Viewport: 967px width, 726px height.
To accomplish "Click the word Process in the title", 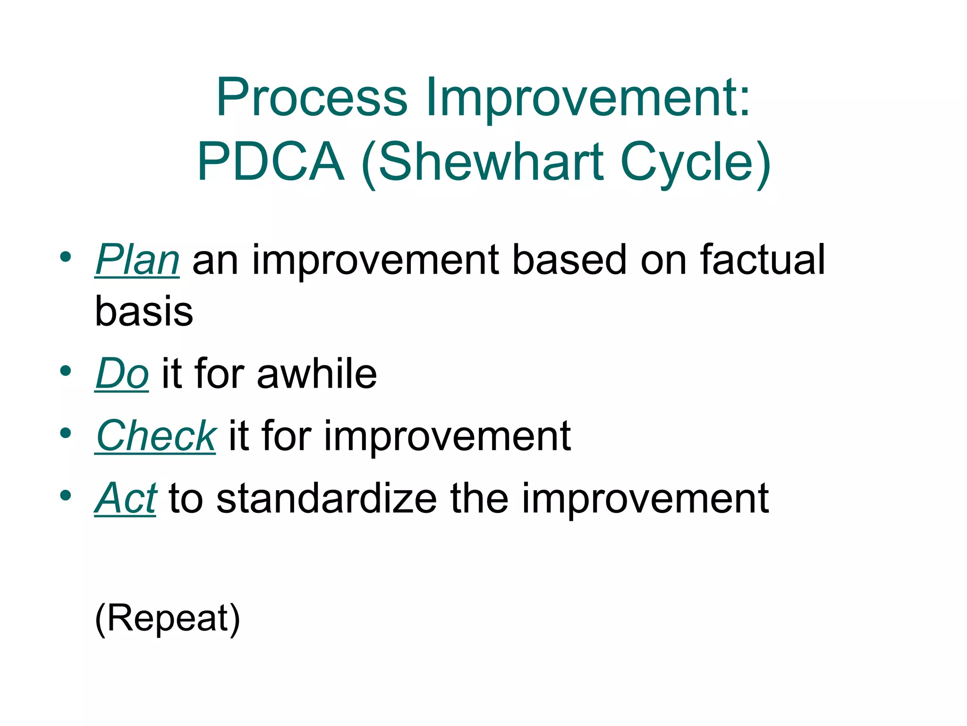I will tap(312, 97).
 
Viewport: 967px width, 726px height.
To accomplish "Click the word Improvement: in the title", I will tap(588, 97).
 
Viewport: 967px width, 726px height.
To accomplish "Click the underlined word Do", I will tap(122, 374).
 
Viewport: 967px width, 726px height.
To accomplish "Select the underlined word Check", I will tap(155, 436).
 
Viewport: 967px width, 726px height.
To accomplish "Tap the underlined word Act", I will tap(125, 498).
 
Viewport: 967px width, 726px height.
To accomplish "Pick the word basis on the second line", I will tap(144, 311).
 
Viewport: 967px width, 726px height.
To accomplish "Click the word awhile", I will tap(316, 374).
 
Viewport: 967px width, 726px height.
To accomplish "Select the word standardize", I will tap(326, 498).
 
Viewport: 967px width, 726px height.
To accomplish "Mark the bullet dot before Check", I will tap(66, 433).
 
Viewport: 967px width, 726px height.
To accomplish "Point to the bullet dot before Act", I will tap(66, 495).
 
